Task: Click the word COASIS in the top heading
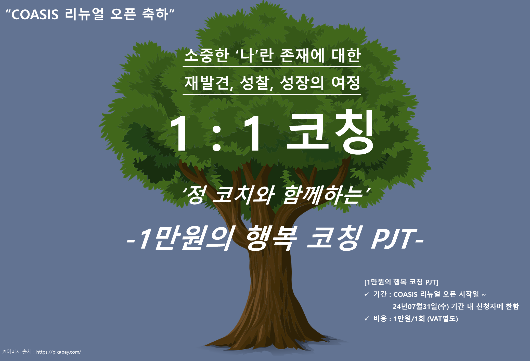35,14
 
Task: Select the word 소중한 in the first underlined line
206,55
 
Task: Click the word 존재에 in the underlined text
302,55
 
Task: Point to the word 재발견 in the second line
207,83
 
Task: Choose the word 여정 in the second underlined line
346,83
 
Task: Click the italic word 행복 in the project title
272,238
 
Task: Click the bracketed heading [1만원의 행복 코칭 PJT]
401,282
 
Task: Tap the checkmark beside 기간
367,294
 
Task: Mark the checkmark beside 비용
367,318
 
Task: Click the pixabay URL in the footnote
59,352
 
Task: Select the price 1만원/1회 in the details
409,319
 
